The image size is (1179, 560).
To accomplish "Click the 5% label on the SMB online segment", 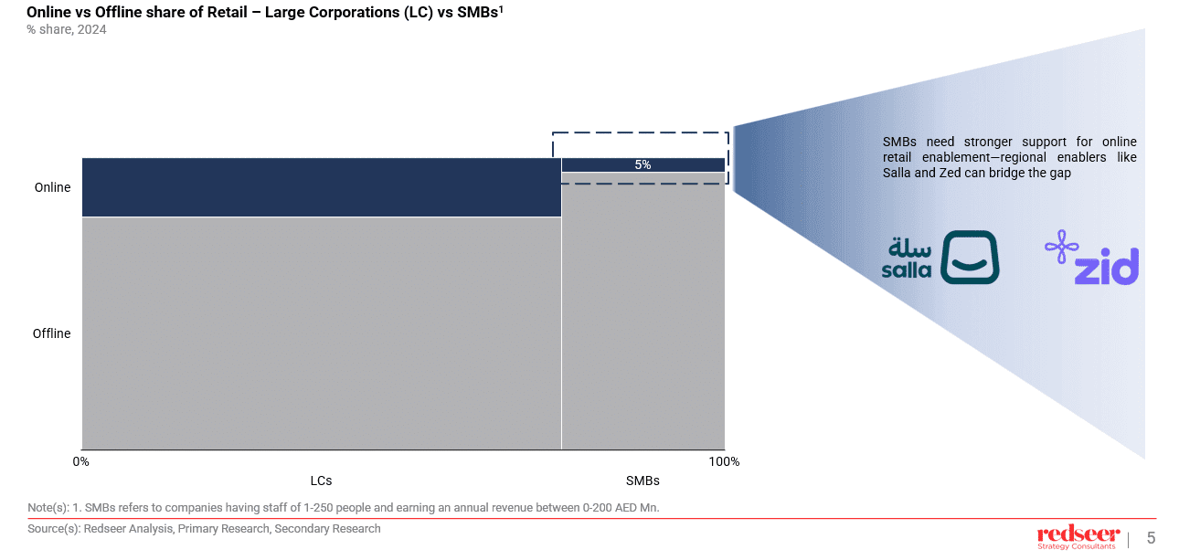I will [x=643, y=165].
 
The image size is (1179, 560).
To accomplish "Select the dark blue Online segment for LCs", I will [x=321, y=187].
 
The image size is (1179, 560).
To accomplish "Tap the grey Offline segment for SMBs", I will [x=643, y=311].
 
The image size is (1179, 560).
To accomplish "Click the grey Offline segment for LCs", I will [x=321, y=333].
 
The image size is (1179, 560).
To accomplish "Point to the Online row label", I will [x=52, y=187].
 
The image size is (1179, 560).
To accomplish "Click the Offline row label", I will [x=51, y=333].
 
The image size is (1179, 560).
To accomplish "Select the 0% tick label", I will [x=81, y=461].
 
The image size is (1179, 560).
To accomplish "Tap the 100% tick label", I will [x=724, y=461].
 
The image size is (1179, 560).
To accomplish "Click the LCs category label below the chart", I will [x=321, y=481].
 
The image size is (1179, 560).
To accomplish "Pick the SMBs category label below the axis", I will [x=643, y=481].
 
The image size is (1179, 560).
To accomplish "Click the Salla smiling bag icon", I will [x=970, y=257].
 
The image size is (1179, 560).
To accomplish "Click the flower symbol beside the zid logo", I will [x=1061, y=248].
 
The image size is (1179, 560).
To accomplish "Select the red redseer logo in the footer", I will [x=1078, y=534].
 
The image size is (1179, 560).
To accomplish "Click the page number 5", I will [x=1151, y=538].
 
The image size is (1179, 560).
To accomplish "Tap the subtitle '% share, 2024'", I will [x=67, y=29].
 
